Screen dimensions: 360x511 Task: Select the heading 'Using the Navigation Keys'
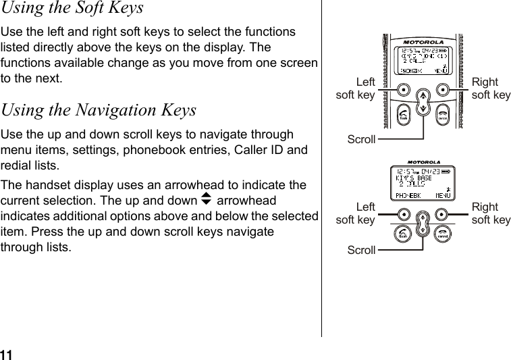tap(99, 109)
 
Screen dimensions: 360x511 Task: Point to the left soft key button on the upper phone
tap(403, 88)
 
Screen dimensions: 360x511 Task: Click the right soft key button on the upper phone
tap(443, 88)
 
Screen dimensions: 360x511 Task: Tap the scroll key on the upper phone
tap(423, 101)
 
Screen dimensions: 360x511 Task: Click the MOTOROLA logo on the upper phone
tap(423, 42)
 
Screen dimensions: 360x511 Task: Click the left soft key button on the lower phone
tap(403, 214)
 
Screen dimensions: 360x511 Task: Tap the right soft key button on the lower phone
tap(442, 214)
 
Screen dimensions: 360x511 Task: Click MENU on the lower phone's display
tap(443, 195)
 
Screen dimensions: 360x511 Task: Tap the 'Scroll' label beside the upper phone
tap(361, 139)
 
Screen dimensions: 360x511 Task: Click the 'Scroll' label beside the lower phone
tap(361, 250)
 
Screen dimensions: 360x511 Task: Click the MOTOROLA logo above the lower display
tap(423, 163)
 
